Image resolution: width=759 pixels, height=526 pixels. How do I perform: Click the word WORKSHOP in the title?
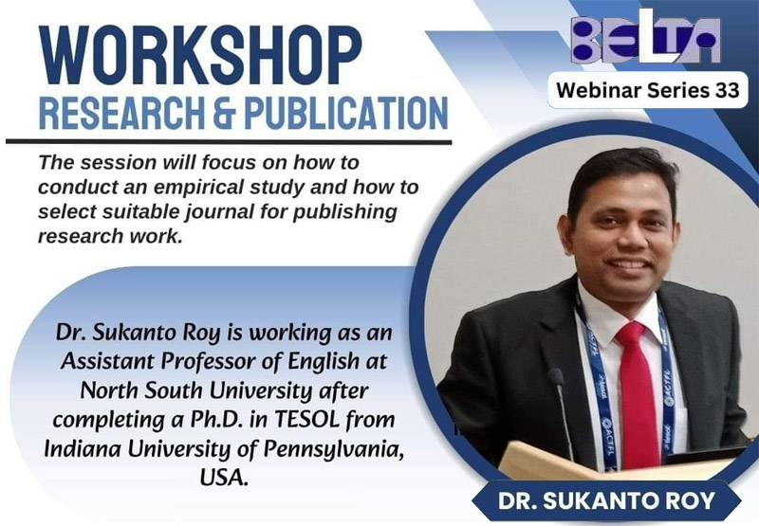tap(201, 55)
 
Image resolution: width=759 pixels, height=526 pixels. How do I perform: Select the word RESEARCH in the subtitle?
tap(121, 114)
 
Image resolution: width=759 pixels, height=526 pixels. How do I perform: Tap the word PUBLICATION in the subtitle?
tap(346, 114)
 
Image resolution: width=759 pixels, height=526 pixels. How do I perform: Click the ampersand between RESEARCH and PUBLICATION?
tap(225, 114)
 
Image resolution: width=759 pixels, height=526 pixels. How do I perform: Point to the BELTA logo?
tap(645, 37)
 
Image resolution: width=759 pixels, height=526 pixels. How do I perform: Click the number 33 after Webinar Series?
tap(726, 90)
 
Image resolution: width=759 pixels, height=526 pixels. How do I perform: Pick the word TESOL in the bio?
tap(307, 420)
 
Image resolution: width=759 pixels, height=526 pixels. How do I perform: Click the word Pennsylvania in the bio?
tap(334, 449)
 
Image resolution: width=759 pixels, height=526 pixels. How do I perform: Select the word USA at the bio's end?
tap(224, 478)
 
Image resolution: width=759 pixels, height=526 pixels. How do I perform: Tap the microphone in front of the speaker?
tap(562, 411)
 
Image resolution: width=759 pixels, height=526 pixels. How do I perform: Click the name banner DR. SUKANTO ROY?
tap(606, 500)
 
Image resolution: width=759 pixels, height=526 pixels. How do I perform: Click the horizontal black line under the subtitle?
tap(229, 142)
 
